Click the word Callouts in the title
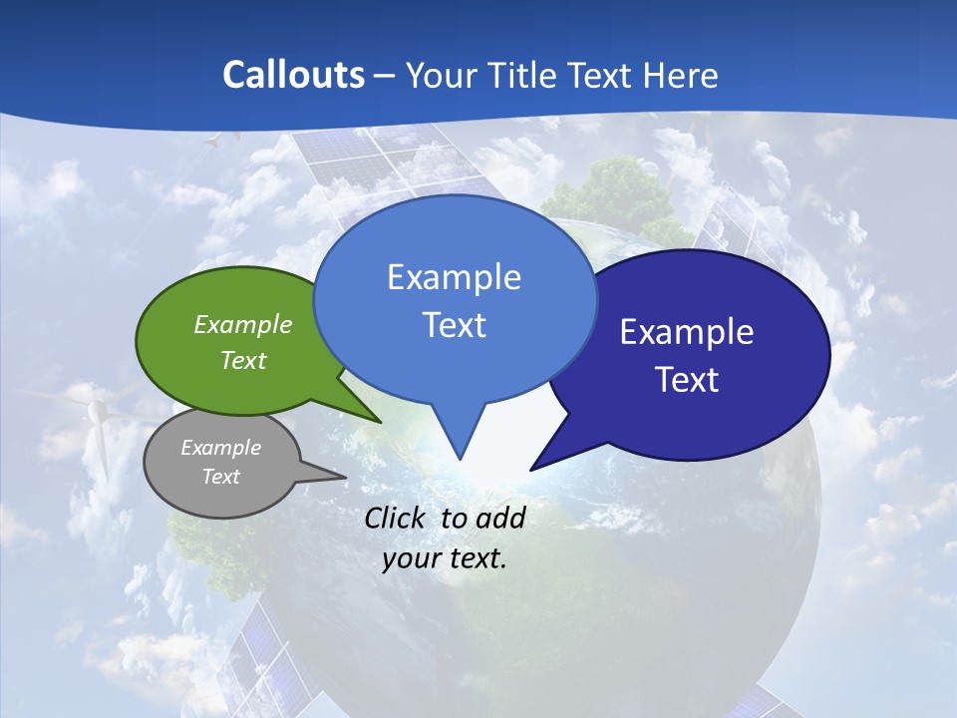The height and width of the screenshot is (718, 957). tap(294, 75)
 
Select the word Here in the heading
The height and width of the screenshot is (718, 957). tap(680, 75)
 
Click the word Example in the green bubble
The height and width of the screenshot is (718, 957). tap(243, 324)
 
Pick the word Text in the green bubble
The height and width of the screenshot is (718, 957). tap(243, 360)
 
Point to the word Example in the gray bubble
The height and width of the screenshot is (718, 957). tap(221, 448)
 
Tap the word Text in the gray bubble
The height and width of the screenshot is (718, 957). tap(221, 477)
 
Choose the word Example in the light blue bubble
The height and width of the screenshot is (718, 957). tap(454, 277)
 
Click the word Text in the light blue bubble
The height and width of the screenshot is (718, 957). tap(454, 325)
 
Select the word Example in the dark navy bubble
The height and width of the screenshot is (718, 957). tap(687, 332)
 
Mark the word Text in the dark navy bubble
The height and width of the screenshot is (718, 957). tap(687, 380)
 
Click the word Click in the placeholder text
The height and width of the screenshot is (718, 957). tap(399, 518)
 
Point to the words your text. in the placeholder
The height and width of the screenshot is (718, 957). tap(445, 558)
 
